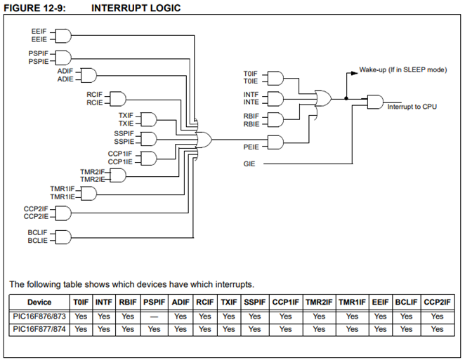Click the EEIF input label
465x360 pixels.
[x=39, y=32]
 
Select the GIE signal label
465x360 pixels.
[x=250, y=163]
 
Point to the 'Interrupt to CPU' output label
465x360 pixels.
[x=414, y=107]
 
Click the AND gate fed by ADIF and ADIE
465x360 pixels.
[x=89, y=75]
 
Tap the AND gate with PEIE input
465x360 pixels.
[x=274, y=143]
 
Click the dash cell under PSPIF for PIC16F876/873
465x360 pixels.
[x=154, y=316]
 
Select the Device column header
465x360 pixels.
[x=39, y=302]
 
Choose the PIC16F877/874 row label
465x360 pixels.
[x=39, y=328]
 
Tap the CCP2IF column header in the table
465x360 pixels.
[x=438, y=302]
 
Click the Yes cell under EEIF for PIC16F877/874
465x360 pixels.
[x=380, y=328]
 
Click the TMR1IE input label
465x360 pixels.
[x=62, y=196]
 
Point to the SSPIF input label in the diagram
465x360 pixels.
[x=123, y=133]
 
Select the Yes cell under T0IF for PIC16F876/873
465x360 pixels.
[x=81, y=316]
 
